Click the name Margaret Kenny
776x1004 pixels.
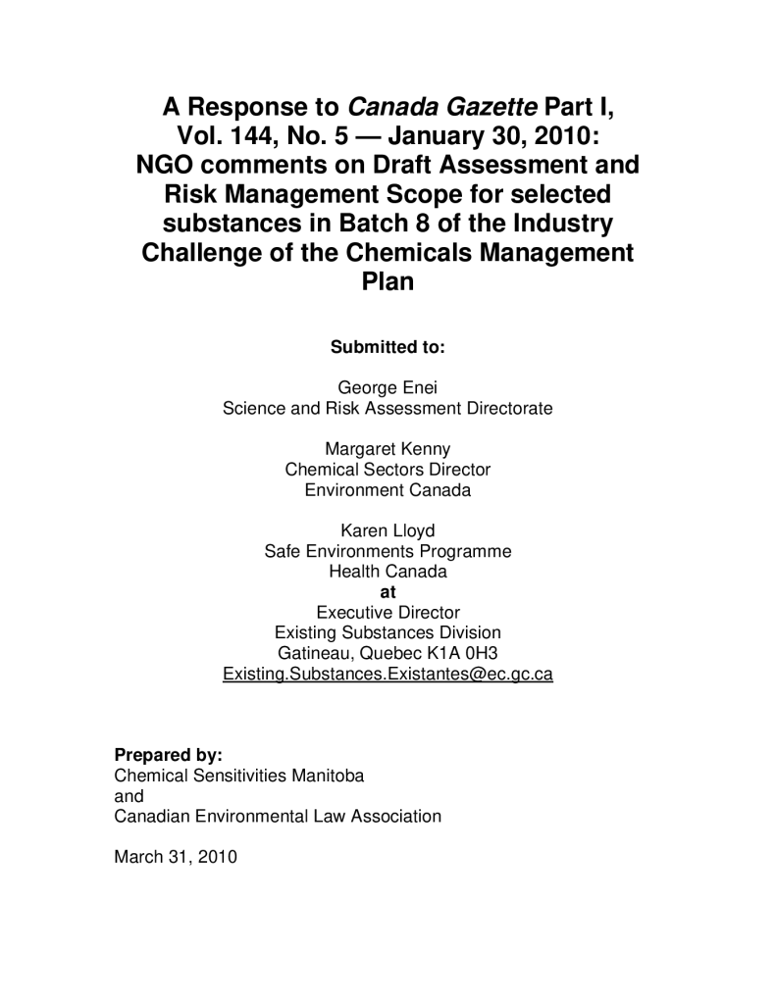[388, 449]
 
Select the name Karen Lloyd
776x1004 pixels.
[388, 531]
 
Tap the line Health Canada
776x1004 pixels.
[388, 572]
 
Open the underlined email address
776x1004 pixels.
[388, 675]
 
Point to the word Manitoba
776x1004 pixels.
[331, 776]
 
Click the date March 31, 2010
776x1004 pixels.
[176, 856]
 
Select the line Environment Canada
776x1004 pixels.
[388, 490]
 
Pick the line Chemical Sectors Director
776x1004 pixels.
[388, 470]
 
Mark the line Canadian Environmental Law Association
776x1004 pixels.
[278, 816]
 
